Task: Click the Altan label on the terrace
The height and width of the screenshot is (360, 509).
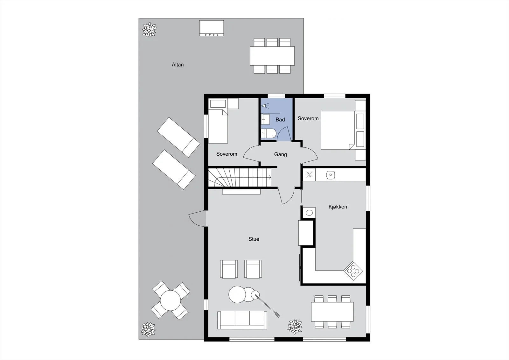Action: point(178,65)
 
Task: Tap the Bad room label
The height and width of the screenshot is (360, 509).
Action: point(280,120)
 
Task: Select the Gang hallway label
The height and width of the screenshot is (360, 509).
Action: point(280,154)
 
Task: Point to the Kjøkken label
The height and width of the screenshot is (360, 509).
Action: point(338,207)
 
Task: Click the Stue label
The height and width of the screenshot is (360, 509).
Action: point(254,239)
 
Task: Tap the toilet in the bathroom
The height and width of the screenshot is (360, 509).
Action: point(268,133)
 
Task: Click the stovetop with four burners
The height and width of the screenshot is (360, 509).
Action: point(353,271)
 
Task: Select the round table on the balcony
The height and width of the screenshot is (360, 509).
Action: point(171,300)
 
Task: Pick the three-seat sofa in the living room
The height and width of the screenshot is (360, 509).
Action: point(242,320)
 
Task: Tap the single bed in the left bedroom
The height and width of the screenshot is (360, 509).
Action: point(218,126)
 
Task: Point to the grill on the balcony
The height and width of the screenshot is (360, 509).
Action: point(212,28)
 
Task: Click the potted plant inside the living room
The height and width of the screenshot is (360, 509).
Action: point(295,327)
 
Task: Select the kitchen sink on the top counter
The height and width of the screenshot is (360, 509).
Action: point(331,175)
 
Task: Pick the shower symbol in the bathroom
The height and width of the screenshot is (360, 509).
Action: point(265,106)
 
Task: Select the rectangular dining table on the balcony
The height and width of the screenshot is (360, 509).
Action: point(272,56)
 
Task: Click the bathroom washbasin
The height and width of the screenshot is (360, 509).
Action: point(265,119)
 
